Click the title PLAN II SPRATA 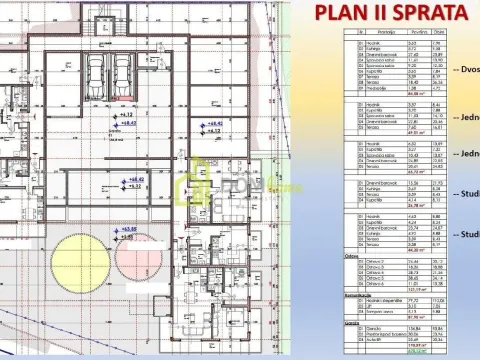coord(391,13)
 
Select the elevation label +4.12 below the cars coord(126,116)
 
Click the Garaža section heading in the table coord(351,323)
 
